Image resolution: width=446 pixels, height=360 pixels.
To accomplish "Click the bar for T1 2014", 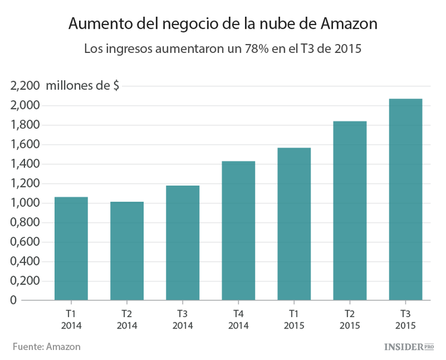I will tap(71, 249).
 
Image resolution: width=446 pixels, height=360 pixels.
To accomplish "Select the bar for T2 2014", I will tap(127, 251).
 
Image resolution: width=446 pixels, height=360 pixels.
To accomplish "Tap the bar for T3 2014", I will tap(183, 243).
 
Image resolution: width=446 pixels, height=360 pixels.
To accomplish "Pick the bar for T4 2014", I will tap(238, 231).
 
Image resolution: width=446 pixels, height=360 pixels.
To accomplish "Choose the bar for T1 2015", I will tap(294, 224).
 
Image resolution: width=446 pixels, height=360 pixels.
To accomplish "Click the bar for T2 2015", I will tap(350, 211).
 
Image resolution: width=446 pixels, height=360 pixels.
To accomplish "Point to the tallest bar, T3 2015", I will tap(405, 199).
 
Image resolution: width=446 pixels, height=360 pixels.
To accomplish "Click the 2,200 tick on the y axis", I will tap(24, 86).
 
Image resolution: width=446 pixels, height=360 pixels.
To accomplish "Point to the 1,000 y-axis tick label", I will tap(24, 203).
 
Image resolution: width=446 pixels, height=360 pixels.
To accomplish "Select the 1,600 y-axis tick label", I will tap(24, 145).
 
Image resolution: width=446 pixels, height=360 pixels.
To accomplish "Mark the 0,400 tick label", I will tap(24, 261).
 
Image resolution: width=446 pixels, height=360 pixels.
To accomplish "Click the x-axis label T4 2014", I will tap(238, 320).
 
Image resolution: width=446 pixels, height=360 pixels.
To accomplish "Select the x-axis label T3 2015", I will tap(405, 320).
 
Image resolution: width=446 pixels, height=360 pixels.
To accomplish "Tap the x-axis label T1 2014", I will tap(71, 320).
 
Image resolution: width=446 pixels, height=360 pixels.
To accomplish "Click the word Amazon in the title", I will tap(348, 24).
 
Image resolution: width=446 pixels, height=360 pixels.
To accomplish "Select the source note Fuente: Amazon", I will tap(46, 346).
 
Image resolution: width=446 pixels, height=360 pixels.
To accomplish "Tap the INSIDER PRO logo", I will tap(409, 346).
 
